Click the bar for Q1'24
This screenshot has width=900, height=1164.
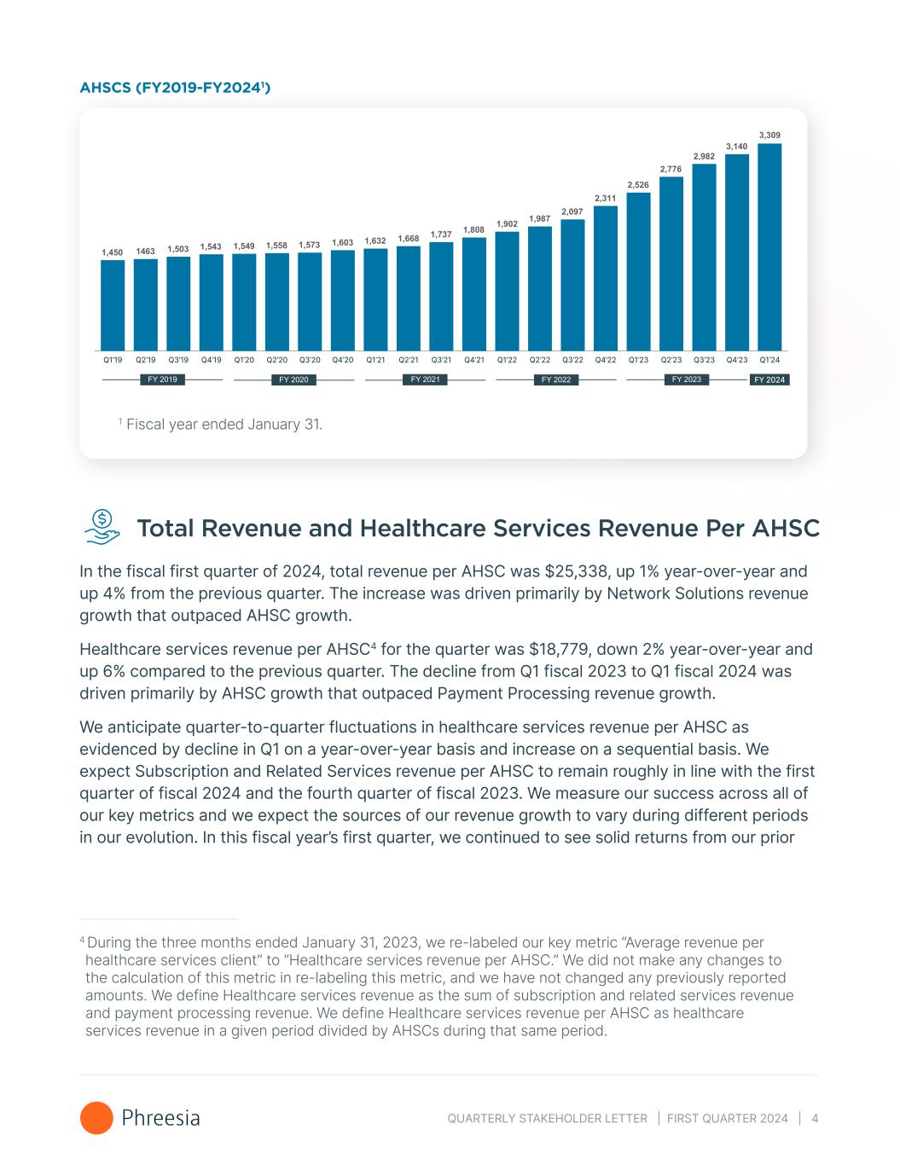769,247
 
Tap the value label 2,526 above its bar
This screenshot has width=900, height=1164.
638,185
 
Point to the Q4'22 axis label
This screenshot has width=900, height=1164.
606,360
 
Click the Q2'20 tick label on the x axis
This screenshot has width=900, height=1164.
277,360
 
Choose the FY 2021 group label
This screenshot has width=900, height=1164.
424,379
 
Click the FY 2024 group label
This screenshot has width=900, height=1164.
769,379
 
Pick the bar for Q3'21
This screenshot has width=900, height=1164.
441,296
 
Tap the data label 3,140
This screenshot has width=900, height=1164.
736,147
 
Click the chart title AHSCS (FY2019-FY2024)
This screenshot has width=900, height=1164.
175,87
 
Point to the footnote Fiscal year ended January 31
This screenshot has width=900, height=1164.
224,424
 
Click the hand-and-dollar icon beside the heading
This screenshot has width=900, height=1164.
102,527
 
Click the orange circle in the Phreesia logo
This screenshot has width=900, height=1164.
96,1118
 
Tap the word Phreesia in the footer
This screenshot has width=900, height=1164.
161,1118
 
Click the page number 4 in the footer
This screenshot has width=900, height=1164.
815,1118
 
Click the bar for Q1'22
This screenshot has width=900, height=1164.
507,291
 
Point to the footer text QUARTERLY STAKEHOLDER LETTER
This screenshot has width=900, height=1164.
547,1118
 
